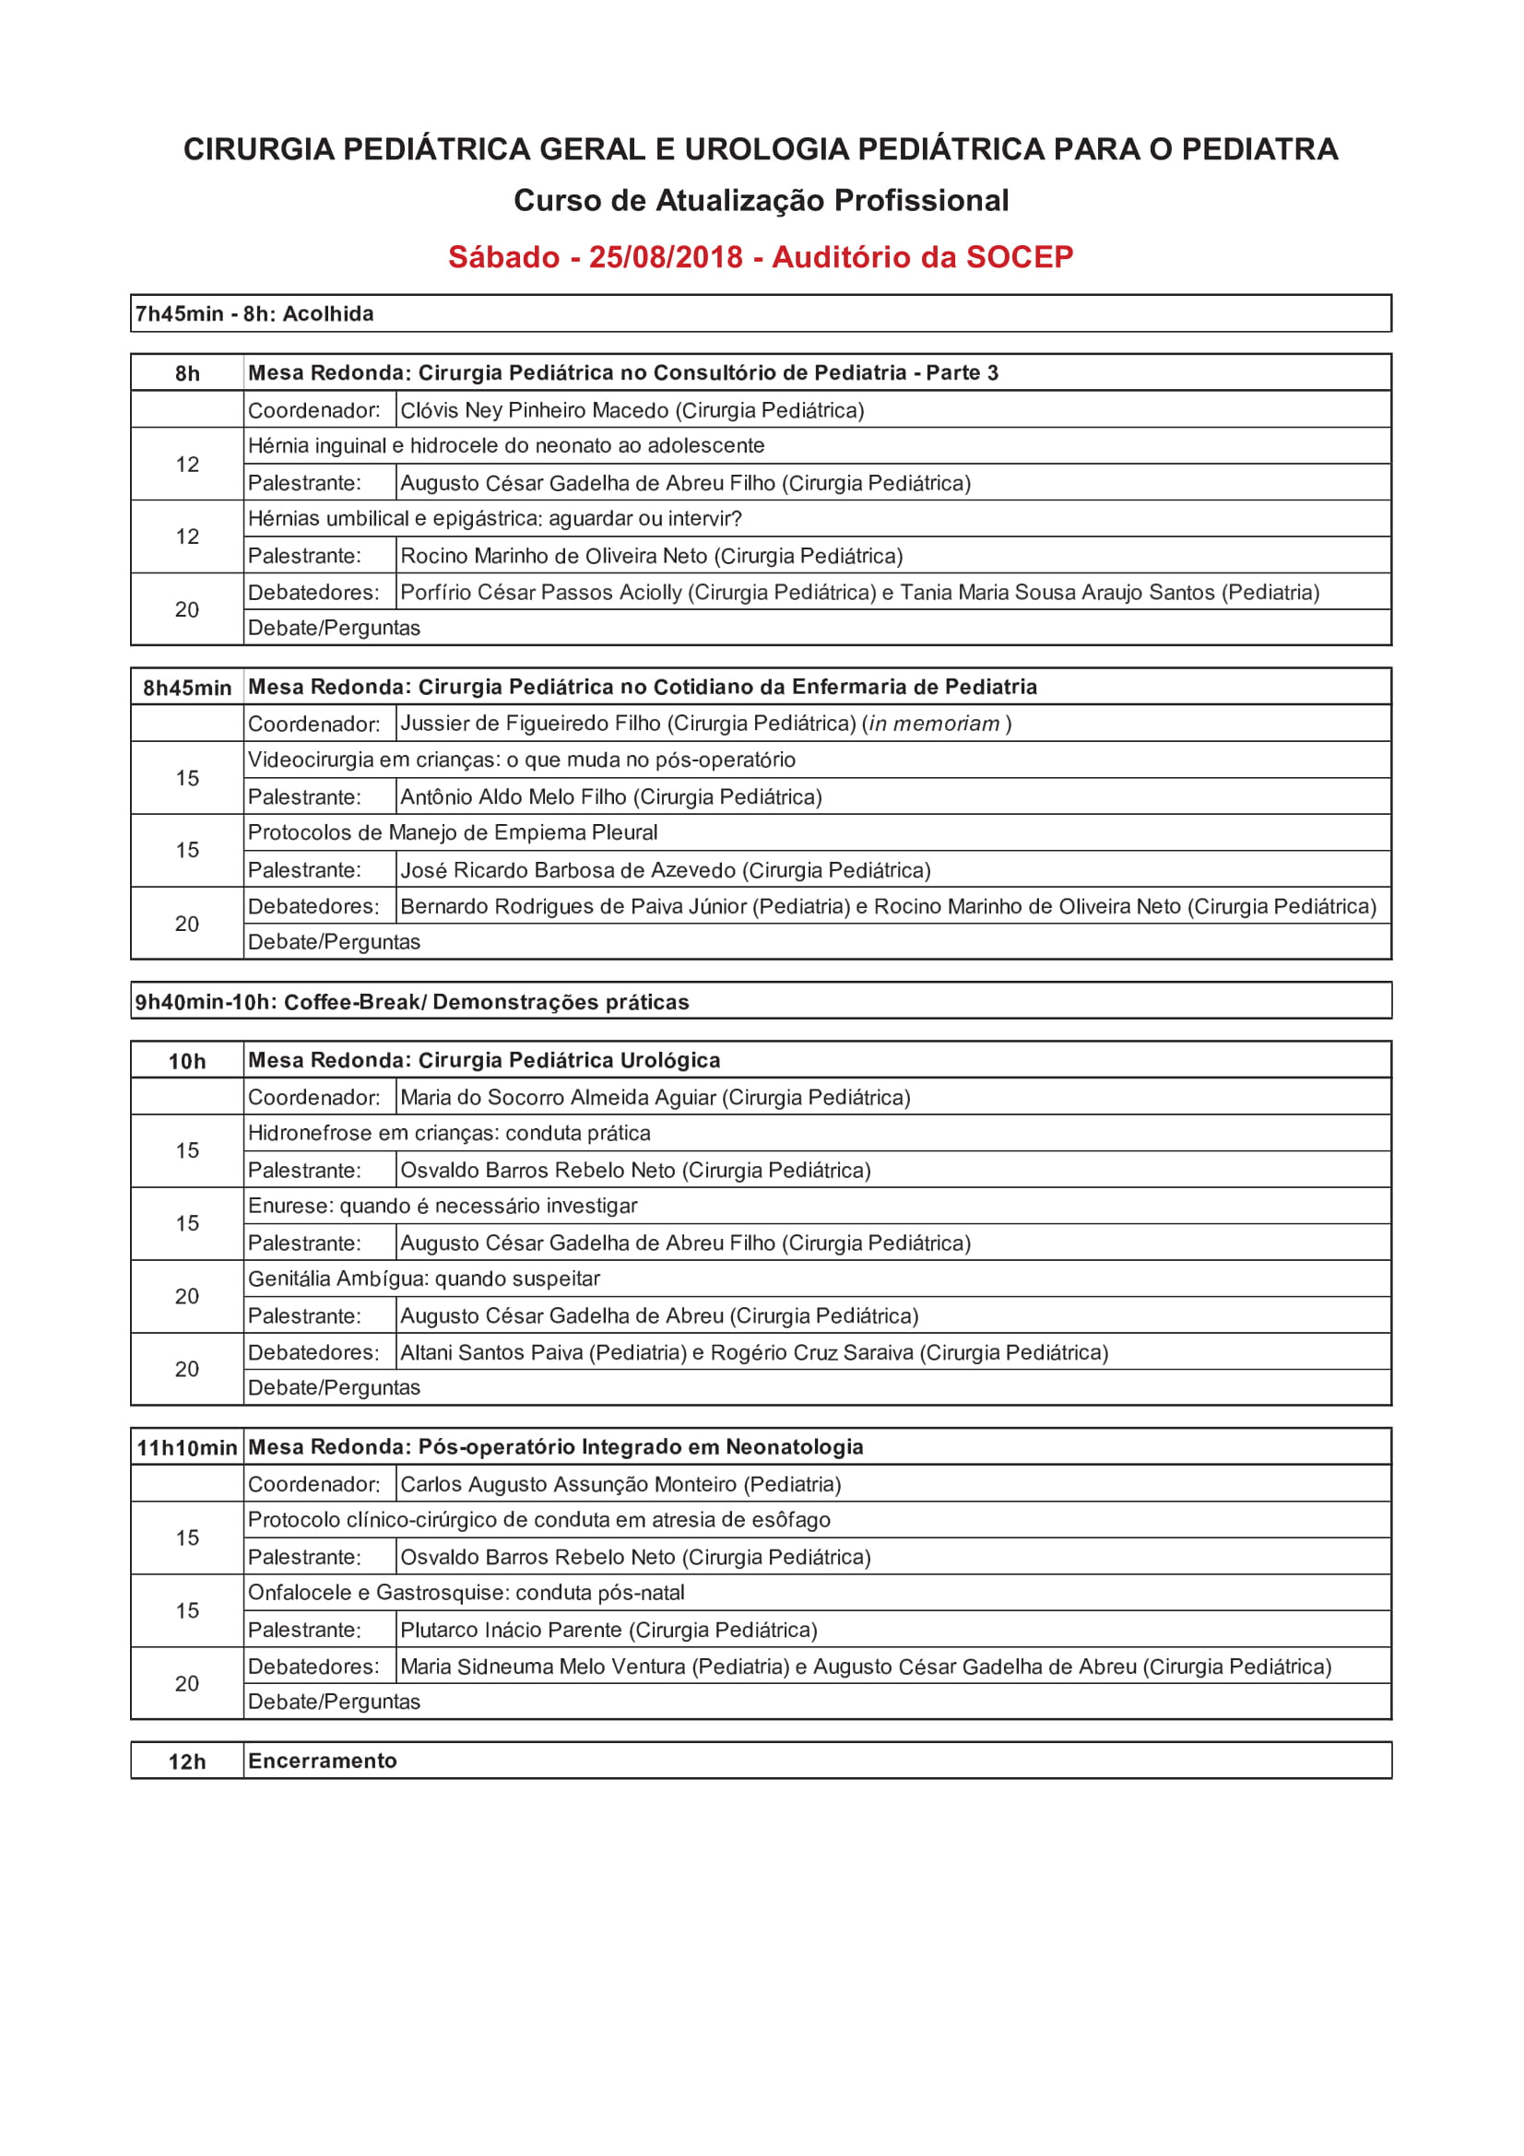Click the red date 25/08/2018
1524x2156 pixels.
666,257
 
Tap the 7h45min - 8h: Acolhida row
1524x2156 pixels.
254,313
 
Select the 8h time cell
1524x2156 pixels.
187,372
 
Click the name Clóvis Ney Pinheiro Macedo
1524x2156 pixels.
535,410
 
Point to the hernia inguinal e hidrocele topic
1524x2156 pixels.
506,446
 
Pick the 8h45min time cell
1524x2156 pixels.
187,688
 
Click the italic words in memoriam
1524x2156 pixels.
934,724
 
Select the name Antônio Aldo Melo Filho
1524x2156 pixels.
514,797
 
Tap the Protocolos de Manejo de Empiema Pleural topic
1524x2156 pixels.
453,833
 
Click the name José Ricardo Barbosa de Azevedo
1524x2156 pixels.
568,870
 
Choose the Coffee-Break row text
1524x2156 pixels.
411,1002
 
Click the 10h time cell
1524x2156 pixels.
187,1061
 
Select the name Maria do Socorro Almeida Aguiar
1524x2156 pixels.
558,1098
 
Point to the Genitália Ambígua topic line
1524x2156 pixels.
423,1279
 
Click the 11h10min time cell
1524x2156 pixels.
187,1448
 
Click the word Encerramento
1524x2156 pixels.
322,1761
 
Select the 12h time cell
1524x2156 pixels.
187,1761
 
